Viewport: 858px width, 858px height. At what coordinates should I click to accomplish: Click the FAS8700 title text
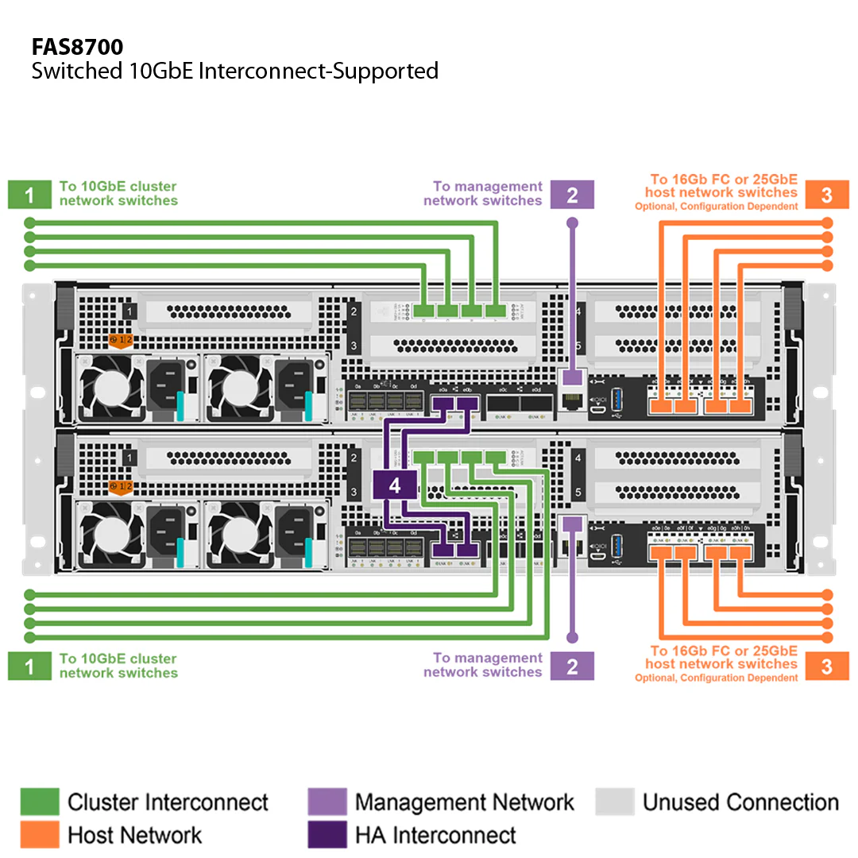[77, 47]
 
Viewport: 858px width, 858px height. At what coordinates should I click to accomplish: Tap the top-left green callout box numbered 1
[29, 195]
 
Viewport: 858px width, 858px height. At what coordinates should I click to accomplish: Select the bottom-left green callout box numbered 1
[29, 666]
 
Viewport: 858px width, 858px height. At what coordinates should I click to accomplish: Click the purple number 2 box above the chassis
[572, 195]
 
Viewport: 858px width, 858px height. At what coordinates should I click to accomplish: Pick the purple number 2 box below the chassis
[572, 666]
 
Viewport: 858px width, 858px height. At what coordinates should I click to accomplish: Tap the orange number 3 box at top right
[827, 195]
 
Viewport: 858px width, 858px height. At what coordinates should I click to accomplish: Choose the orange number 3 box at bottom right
[827, 666]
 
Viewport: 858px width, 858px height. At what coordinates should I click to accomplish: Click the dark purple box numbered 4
[395, 485]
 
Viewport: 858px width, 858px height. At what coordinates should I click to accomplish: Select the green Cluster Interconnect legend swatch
[39, 802]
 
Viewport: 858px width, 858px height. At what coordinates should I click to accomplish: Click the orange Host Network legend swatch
[39, 835]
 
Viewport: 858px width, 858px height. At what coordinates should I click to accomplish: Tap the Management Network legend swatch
[327, 802]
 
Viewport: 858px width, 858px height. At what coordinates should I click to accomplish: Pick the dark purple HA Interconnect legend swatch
[327, 835]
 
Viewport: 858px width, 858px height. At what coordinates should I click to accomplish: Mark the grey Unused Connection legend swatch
[614, 802]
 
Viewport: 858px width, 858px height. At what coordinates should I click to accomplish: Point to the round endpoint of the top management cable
[572, 224]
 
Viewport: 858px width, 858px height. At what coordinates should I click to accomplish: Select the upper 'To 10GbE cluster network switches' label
[118, 194]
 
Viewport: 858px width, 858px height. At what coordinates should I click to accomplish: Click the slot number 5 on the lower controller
[578, 492]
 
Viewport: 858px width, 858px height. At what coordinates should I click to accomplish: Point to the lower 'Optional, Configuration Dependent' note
[716, 678]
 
